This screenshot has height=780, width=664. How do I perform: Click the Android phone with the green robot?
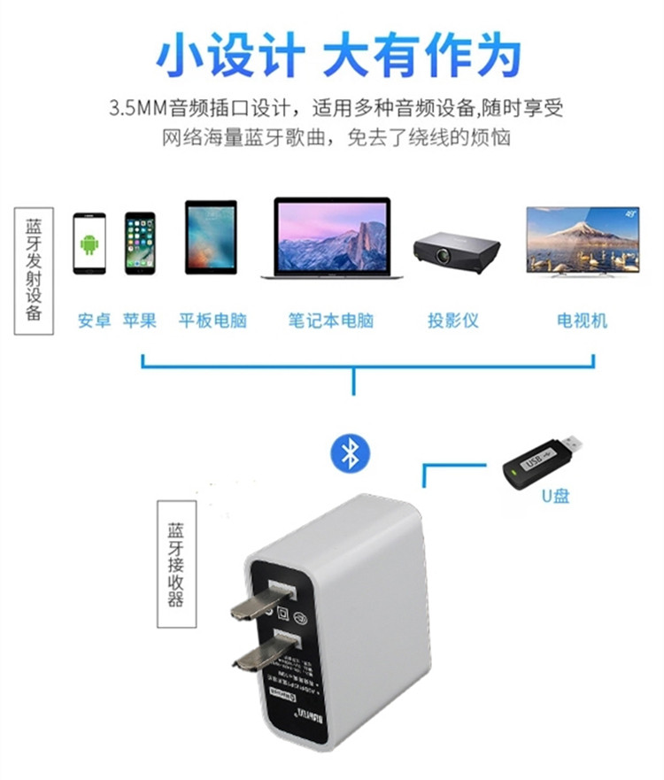pyautogui.click(x=89, y=243)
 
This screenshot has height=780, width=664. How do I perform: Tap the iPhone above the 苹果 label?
pyautogui.click(x=140, y=243)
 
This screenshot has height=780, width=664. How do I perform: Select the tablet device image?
pyautogui.click(x=211, y=236)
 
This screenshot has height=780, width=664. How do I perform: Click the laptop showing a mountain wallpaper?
pyautogui.click(x=332, y=238)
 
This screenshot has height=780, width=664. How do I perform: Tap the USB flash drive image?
pyautogui.click(x=542, y=460)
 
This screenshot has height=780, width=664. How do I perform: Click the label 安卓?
pyautogui.click(x=94, y=320)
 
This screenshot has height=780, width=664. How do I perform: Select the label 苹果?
pyautogui.click(x=140, y=320)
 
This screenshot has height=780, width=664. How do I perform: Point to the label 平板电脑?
pyautogui.click(x=212, y=320)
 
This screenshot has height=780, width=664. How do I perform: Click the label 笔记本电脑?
pyautogui.click(x=331, y=320)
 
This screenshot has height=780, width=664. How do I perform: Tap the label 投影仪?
pyautogui.click(x=453, y=320)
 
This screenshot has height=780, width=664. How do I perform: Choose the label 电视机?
pyautogui.click(x=582, y=320)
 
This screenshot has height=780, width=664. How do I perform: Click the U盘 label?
pyautogui.click(x=556, y=496)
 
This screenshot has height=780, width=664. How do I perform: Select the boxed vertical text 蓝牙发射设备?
pyautogui.click(x=34, y=270)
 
